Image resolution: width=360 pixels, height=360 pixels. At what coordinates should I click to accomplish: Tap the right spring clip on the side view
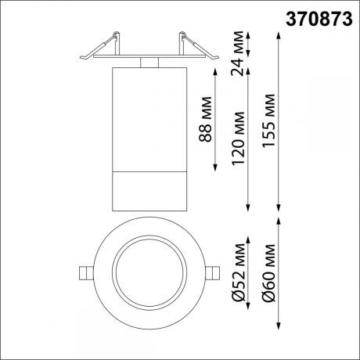tap(192, 45)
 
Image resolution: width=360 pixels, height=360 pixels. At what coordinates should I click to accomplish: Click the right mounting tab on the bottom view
tap(215, 272)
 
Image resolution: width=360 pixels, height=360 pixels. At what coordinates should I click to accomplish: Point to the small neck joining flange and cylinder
tap(149, 63)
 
